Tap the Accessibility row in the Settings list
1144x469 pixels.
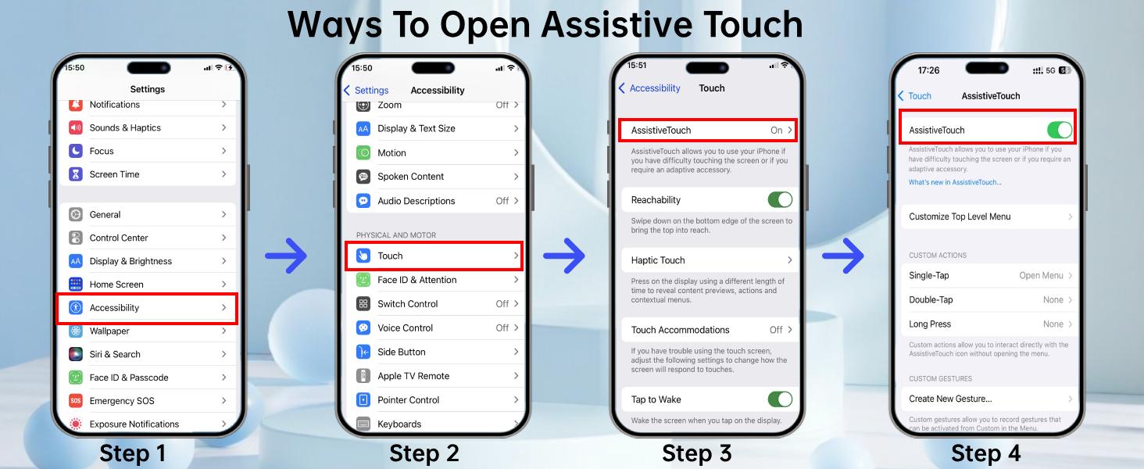click(x=147, y=308)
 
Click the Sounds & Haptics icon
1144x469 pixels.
click(x=76, y=128)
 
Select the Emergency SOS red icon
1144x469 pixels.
click(x=76, y=401)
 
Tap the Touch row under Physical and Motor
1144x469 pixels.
click(x=434, y=256)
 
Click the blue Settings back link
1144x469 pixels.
click(x=366, y=91)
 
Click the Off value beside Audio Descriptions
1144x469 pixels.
click(x=502, y=201)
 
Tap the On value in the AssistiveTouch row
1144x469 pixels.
click(x=776, y=131)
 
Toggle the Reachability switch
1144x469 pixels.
click(x=780, y=200)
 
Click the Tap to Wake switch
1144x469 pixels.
click(x=780, y=399)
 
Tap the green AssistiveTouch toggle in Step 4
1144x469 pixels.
click(x=1060, y=131)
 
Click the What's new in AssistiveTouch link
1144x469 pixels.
click(x=955, y=182)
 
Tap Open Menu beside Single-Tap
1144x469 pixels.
click(x=1041, y=276)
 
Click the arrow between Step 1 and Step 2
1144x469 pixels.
click(x=286, y=256)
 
